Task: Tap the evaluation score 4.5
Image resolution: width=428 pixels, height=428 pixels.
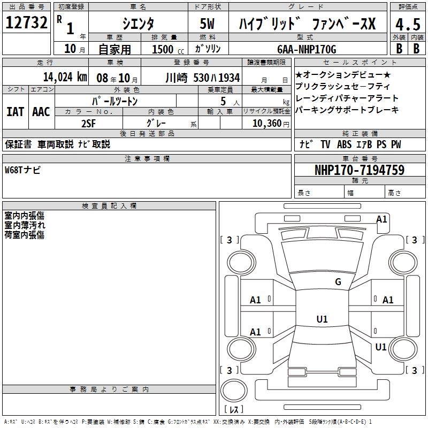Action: (407, 25)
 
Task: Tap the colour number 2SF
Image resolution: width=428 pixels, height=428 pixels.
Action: (88, 123)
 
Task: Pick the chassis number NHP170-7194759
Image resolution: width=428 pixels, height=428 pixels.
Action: (359, 170)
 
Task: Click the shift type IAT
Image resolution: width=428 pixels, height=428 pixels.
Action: (14, 112)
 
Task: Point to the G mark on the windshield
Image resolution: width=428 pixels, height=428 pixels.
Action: (338, 282)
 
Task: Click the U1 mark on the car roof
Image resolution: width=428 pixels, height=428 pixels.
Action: (322, 319)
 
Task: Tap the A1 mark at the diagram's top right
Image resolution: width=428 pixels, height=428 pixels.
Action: (381, 219)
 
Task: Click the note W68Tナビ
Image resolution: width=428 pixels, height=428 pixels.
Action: (22, 170)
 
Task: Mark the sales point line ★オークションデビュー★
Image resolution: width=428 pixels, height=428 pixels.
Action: (342, 75)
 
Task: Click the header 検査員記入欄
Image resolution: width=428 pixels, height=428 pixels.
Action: (109, 205)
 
